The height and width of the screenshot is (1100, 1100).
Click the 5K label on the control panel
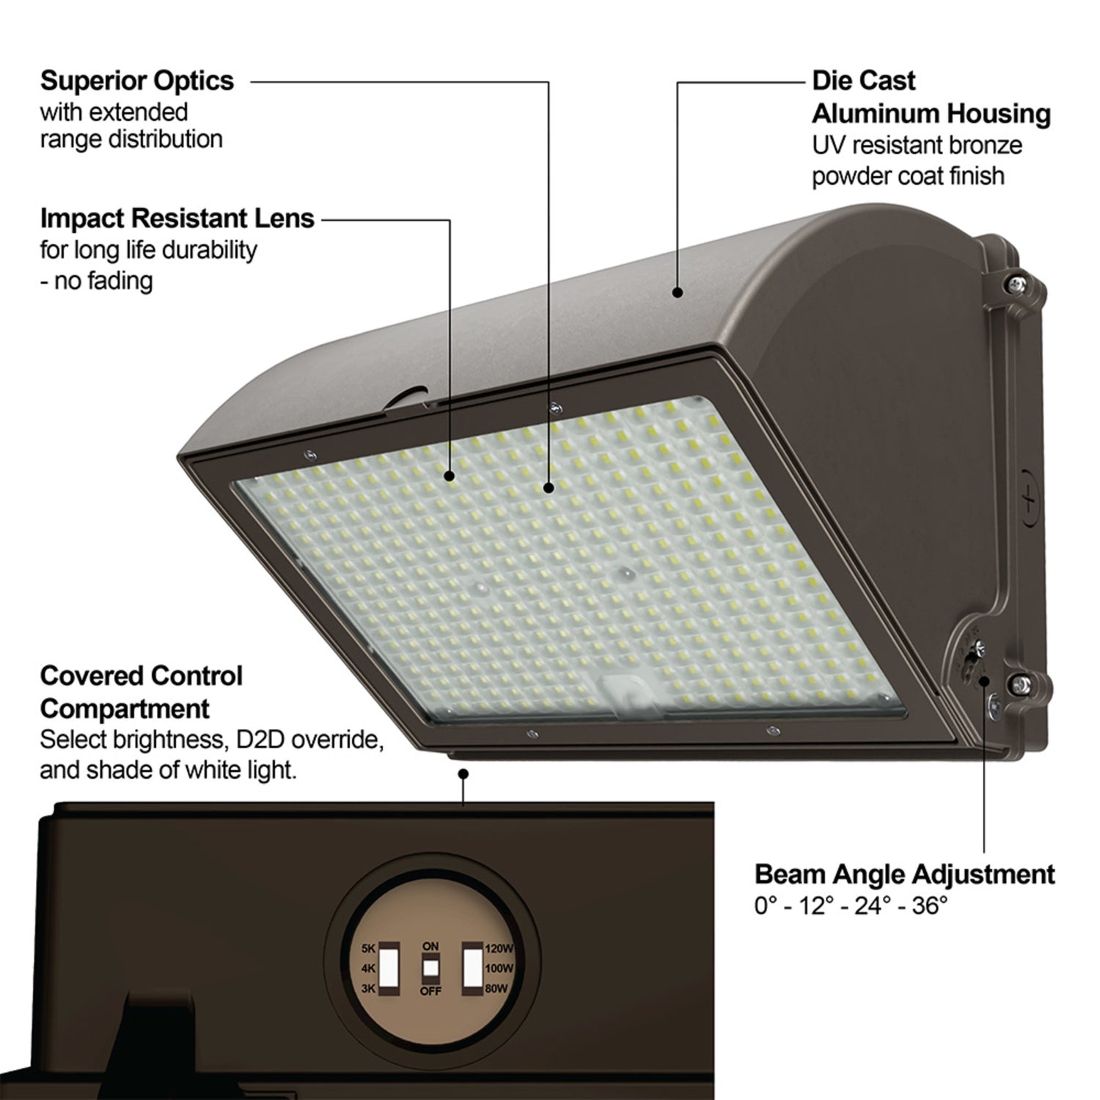point(368,948)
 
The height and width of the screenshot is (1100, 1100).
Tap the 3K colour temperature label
point(368,989)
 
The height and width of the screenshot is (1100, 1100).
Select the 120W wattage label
point(499,948)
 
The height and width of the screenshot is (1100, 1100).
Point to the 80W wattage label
point(496,989)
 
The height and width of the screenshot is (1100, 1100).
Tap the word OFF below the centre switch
point(430,991)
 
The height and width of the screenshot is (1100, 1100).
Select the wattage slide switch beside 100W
point(472,968)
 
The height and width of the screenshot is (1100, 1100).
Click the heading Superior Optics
point(137,81)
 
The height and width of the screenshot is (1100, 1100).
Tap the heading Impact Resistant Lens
point(177,218)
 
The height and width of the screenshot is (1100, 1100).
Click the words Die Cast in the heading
point(863,81)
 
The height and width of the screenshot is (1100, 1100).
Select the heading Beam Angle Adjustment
point(904,874)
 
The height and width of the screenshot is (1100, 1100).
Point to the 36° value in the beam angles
point(930,906)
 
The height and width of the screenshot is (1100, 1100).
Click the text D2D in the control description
point(260,739)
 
